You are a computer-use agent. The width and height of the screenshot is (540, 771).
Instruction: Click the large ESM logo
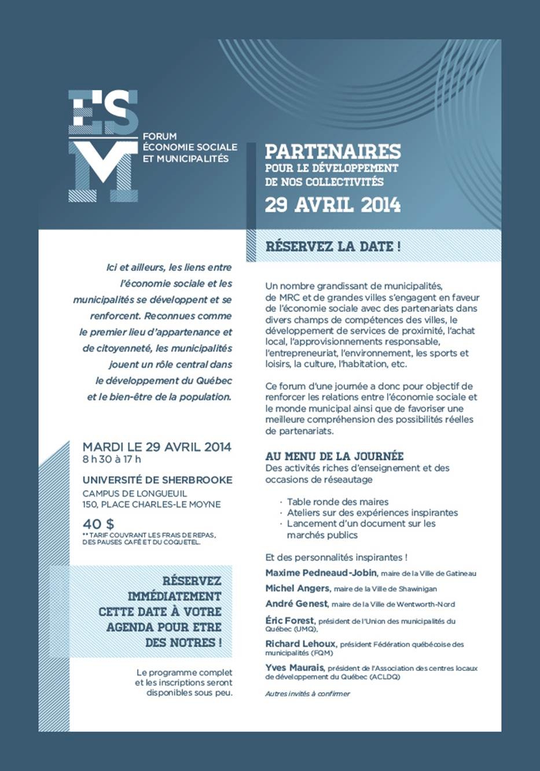104,145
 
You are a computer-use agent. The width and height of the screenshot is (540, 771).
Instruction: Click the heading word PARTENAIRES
333,152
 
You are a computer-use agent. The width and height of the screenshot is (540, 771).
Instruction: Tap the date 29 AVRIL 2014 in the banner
333,205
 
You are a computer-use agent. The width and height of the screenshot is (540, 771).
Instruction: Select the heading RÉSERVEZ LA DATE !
333,246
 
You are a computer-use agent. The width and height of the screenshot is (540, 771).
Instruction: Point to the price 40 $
98,525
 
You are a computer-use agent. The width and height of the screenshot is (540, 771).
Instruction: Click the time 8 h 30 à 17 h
112,460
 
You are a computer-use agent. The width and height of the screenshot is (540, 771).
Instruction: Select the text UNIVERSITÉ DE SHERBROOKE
157,480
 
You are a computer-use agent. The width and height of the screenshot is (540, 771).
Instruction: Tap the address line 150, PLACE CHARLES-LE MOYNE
152,504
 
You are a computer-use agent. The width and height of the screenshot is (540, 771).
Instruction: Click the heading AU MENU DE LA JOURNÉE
335,456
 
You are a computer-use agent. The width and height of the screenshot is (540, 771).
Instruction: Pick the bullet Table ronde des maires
337,502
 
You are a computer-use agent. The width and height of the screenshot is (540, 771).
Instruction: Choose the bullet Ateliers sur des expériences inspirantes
372,513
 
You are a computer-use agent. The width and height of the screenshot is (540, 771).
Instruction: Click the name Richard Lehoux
301,644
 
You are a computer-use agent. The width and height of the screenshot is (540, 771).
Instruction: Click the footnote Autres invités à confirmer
307,693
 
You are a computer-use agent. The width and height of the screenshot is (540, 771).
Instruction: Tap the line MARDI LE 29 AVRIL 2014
157,447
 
